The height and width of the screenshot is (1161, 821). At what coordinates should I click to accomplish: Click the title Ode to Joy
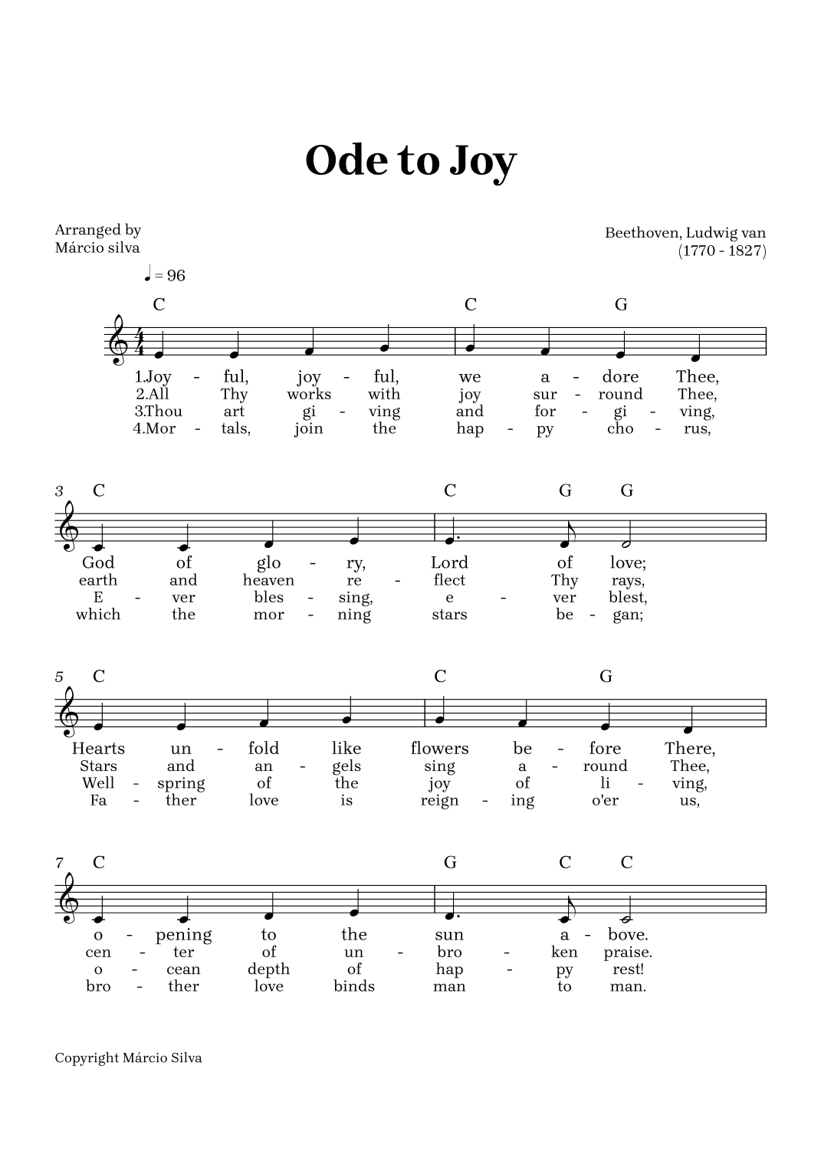click(411, 161)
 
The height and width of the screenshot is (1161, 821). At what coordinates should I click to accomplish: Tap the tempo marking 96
click(176, 276)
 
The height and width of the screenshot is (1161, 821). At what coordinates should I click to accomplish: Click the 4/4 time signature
click(140, 342)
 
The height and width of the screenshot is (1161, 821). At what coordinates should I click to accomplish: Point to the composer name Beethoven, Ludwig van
click(685, 233)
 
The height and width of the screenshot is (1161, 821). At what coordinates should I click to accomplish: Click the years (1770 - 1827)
click(722, 251)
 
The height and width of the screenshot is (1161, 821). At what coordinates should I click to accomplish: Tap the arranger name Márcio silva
click(97, 248)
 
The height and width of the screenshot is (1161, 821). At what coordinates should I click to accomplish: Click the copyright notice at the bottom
click(129, 1058)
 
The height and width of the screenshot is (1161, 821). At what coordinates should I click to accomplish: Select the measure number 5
click(59, 677)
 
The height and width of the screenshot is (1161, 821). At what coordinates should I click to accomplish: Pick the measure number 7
click(59, 864)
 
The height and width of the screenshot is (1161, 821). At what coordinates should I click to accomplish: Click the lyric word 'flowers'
click(439, 749)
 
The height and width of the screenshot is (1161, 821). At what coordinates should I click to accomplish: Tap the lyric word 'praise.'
click(628, 953)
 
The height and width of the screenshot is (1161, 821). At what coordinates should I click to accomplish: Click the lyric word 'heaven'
click(268, 580)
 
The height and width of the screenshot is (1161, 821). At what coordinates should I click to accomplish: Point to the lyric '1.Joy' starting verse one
click(153, 377)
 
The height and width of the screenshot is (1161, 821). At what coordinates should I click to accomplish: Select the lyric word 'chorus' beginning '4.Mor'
click(153, 428)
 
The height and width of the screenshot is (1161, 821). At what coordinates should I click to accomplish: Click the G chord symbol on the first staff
click(621, 305)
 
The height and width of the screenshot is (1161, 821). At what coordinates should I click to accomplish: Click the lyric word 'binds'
click(354, 986)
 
